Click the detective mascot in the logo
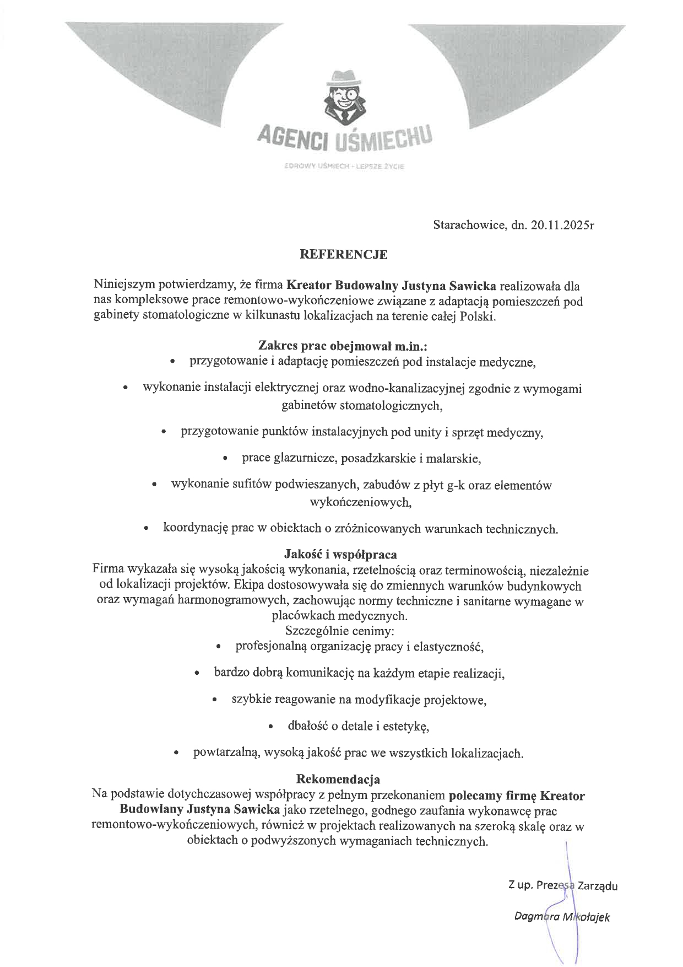[343, 99]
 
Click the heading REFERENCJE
[343, 255]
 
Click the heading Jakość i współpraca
[340, 554]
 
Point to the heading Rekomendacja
[338, 780]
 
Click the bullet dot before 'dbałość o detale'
[271, 727]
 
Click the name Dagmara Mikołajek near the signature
[562, 916]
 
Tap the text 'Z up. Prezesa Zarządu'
[562, 886]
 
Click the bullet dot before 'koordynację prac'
[146, 529]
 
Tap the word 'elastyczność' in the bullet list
[451, 646]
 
